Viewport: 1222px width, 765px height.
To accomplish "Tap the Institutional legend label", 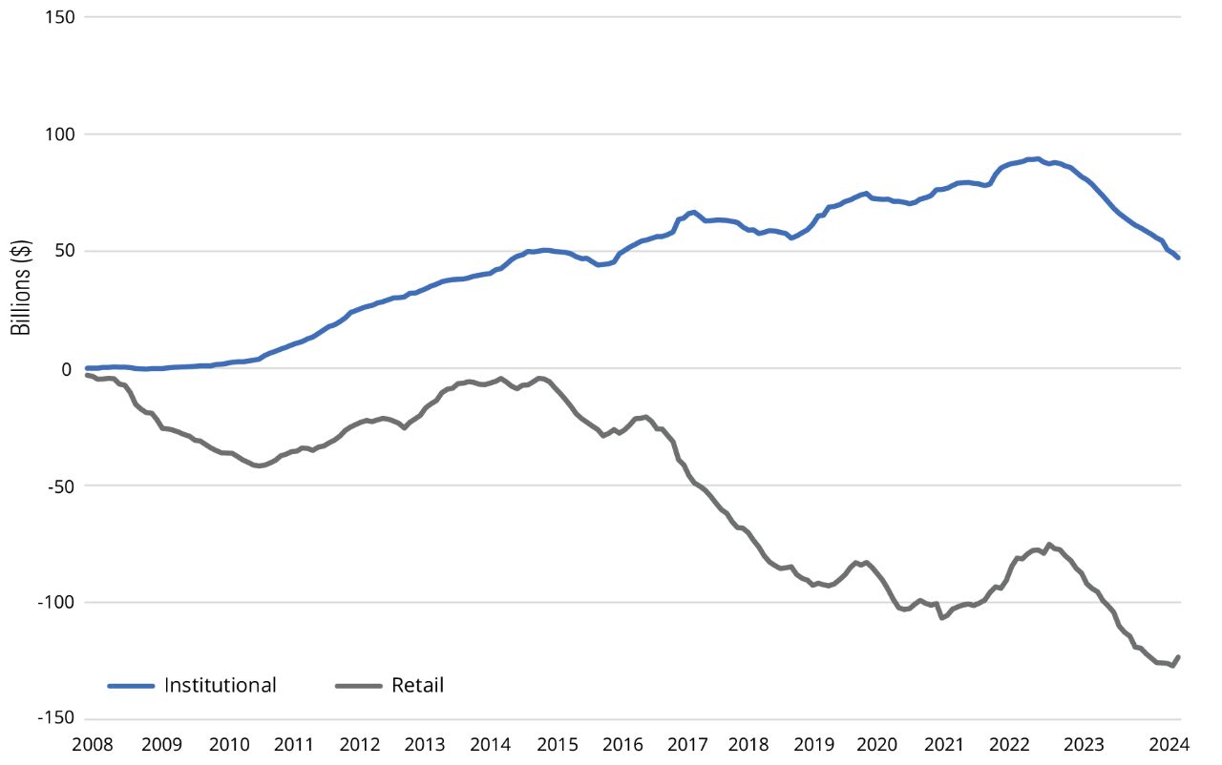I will click(x=220, y=685).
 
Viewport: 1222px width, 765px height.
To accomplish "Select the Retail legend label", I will click(x=417, y=685).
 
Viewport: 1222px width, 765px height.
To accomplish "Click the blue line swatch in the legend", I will click(x=131, y=685).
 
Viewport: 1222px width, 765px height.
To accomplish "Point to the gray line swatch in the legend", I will click(x=359, y=685).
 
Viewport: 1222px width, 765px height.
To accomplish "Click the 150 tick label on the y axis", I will click(x=60, y=17).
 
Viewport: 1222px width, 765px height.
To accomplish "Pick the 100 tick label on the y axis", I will click(x=60, y=134).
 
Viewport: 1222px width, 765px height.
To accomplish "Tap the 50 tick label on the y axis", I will click(x=64, y=252).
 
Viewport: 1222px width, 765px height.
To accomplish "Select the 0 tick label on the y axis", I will click(x=69, y=368).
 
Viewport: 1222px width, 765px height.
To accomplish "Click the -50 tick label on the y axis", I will click(x=61, y=486).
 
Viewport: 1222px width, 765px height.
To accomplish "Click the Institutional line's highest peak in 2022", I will click(x=1036, y=158).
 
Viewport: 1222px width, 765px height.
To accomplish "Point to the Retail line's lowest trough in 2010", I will click(x=259, y=466).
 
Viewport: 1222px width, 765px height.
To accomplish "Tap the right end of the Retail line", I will click(x=1179, y=656).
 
